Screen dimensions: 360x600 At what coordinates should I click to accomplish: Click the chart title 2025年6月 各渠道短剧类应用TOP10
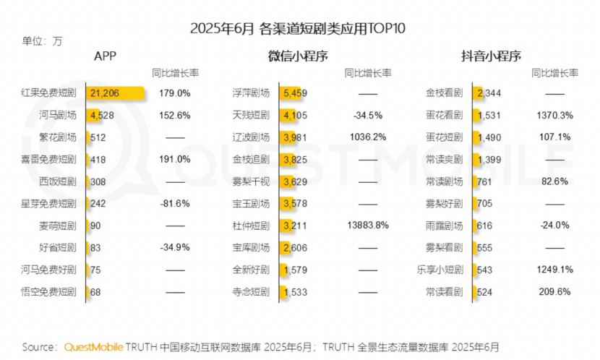pos(299,29)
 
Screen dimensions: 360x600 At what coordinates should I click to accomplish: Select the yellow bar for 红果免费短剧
pos(116,93)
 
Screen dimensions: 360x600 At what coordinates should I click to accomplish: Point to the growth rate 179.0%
pos(174,93)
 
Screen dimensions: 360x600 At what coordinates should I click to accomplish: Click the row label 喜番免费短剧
pos(49,159)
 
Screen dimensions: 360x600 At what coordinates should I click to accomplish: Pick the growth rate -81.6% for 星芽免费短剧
pos(174,204)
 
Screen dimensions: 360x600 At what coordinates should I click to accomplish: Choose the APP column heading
pos(106,56)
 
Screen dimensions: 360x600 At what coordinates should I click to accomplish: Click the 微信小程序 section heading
pos(299,56)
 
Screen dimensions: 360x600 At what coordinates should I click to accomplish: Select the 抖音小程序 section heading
pos(492,56)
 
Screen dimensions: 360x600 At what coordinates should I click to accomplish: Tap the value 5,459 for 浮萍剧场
pos(296,93)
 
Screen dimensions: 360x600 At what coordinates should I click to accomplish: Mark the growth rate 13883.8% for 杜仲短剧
pos(369,226)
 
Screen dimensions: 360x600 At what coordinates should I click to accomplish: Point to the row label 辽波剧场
pos(252,137)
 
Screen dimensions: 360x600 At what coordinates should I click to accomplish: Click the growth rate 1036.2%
pos(368,137)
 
